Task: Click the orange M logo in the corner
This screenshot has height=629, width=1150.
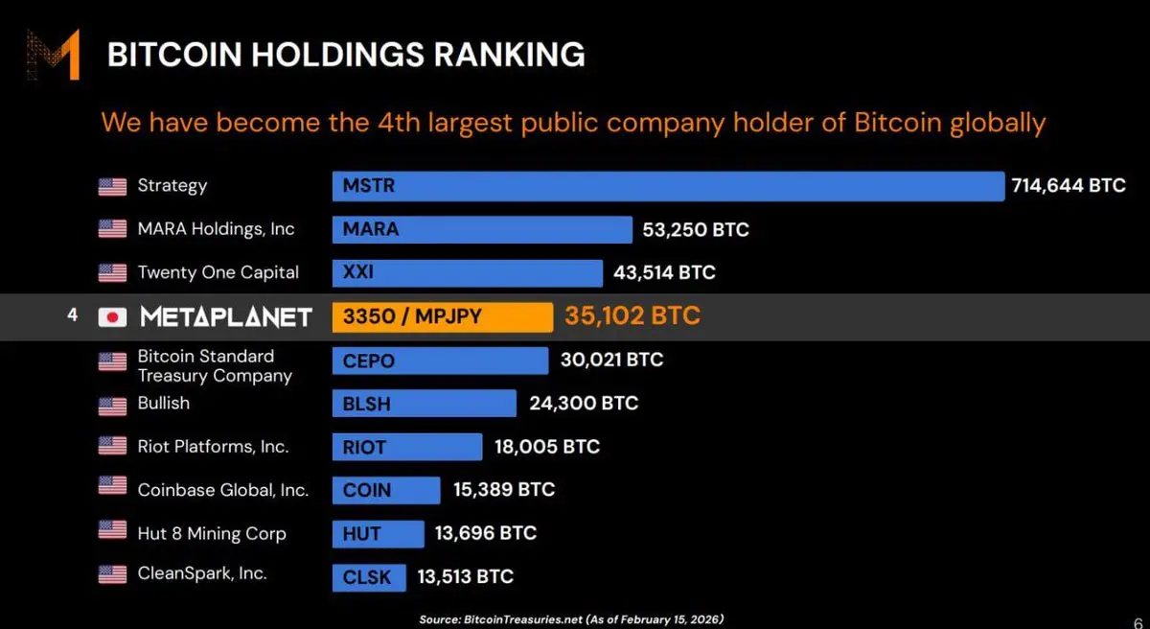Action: pos(53,55)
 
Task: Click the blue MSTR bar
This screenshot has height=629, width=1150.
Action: pos(668,186)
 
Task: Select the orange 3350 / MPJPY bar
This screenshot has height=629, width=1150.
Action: pos(442,316)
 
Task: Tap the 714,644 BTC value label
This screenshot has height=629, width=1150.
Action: pos(1069,186)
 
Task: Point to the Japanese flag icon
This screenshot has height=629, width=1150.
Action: pos(112,317)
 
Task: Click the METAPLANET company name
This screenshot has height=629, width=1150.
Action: pos(226,317)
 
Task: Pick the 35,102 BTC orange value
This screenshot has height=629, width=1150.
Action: pos(632,315)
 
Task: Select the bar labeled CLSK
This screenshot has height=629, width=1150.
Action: pos(369,577)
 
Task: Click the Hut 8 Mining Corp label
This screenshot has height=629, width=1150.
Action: pos(211,533)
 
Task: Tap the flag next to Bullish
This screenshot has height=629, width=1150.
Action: pos(112,406)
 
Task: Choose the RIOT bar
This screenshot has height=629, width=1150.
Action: pos(406,447)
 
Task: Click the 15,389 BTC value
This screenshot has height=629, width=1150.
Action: pos(504,490)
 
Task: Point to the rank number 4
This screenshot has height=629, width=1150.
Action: pos(72,314)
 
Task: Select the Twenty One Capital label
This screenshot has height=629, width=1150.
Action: pos(218,272)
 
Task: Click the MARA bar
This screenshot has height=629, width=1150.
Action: pos(482,230)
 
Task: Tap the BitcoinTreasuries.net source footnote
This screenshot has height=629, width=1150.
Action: pos(571,619)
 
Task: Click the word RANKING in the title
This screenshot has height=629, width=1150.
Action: pos(509,55)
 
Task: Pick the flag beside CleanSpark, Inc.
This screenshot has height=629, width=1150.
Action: pos(112,575)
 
